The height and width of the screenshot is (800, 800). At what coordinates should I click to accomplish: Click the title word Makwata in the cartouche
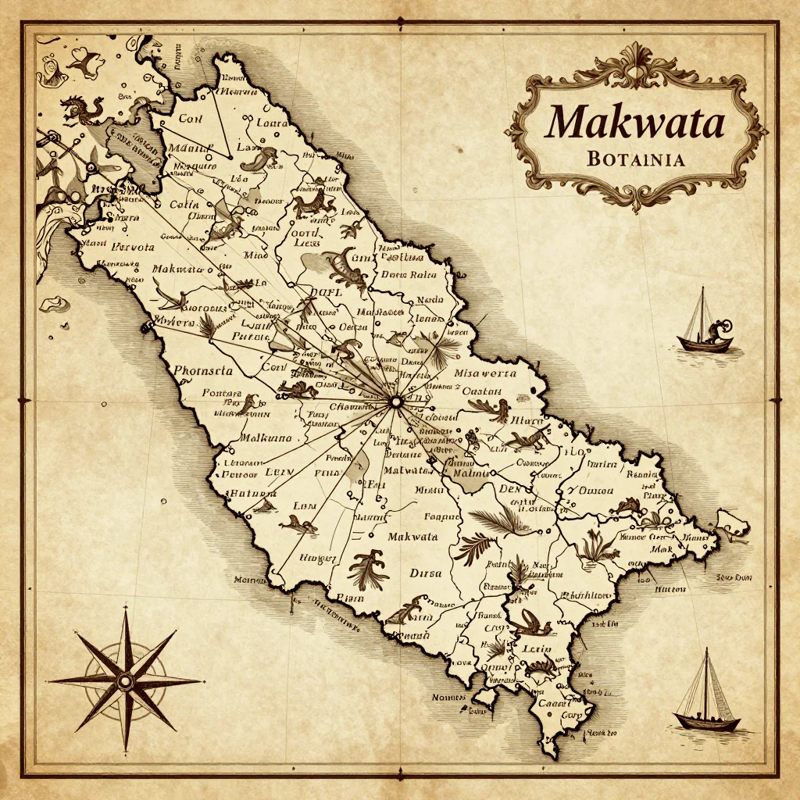(x=635, y=123)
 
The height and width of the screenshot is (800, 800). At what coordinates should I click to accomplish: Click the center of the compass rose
(x=125, y=681)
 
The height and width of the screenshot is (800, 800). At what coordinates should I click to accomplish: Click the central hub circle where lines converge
(x=395, y=402)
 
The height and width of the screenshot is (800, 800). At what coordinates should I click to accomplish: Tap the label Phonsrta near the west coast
(x=202, y=370)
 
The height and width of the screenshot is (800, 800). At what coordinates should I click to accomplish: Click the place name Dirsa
(x=425, y=573)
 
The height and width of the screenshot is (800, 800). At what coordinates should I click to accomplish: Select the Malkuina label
(x=266, y=437)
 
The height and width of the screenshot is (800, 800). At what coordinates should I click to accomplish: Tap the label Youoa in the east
(x=586, y=490)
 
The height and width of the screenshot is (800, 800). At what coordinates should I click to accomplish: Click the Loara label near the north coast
(x=271, y=123)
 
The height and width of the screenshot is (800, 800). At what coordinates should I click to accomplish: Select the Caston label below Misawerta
(x=482, y=391)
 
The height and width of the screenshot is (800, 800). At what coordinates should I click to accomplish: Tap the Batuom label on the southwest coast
(x=251, y=494)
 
